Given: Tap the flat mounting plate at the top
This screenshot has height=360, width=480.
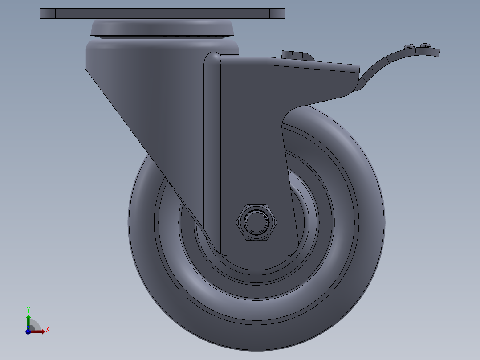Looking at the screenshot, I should (162, 13).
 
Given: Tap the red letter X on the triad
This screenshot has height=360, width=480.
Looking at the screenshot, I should (47, 330).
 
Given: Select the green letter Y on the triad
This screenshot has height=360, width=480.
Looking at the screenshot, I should (28, 310).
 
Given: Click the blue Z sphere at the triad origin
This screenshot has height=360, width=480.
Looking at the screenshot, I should (28, 331).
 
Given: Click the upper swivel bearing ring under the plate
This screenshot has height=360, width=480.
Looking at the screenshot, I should (162, 28).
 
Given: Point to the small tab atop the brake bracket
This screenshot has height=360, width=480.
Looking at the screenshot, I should (296, 55).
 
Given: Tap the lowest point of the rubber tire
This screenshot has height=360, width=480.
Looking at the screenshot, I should (256, 348).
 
